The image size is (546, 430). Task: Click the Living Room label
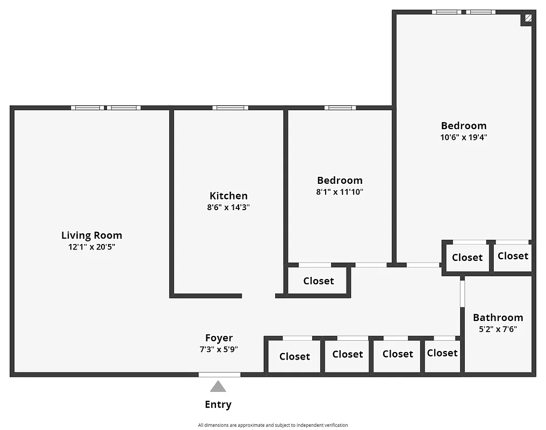(x=91, y=235)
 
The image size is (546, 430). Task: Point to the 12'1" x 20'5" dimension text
(x=91, y=247)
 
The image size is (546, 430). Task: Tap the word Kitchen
(x=228, y=196)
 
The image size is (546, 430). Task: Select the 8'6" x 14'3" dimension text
(x=228, y=207)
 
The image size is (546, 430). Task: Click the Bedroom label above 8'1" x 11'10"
(x=340, y=180)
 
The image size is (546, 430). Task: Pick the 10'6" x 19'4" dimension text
(x=464, y=137)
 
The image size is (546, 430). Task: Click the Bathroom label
(x=498, y=317)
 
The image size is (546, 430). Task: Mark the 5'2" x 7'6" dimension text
(x=498, y=329)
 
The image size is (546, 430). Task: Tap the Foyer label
(x=219, y=338)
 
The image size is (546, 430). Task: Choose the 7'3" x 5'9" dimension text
(x=219, y=349)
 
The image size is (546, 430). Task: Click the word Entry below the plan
(x=218, y=404)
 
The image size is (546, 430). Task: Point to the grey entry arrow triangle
(x=218, y=386)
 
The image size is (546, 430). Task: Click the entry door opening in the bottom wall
(x=219, y=374)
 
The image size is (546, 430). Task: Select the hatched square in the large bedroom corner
(x=528, y=18)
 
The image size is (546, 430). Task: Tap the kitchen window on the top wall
(x=230, y=107)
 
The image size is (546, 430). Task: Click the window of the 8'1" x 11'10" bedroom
(x=340, y=107)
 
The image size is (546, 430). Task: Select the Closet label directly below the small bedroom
(x=318, y=281)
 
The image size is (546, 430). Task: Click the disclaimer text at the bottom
(x=272, y=425)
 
